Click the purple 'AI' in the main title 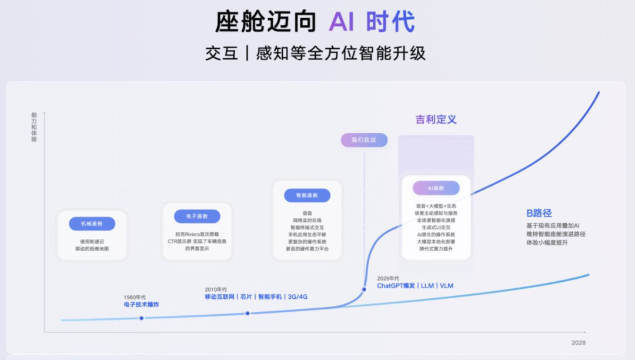342,22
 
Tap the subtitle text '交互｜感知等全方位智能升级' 316,54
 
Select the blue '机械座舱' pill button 92,224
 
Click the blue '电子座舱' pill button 197,216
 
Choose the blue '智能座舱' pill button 306,195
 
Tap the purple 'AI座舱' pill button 436,188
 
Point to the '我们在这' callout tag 364,140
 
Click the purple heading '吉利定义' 436,119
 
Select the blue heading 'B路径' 539,213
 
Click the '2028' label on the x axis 579,342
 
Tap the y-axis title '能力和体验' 34,127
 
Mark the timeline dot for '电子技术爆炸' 142,318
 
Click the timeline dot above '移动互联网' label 248,314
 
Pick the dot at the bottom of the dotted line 364,289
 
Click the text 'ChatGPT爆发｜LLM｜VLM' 415,286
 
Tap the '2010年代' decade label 216,289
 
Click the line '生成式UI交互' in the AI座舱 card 436,227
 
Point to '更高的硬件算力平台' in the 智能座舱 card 307,249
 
